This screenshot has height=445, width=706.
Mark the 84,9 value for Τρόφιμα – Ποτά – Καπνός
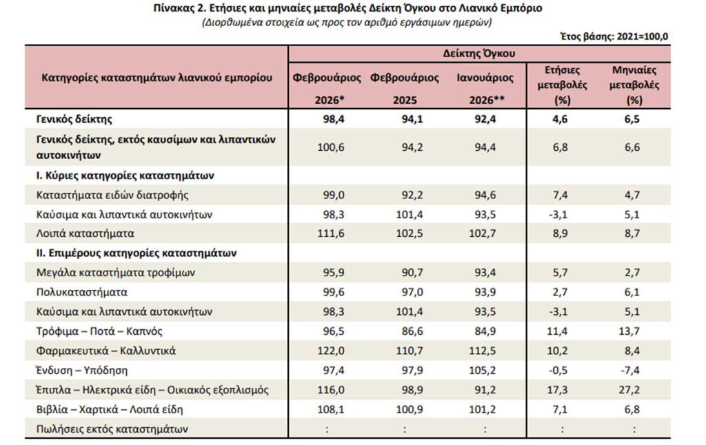485,331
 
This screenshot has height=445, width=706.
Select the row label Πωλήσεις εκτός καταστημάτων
112,429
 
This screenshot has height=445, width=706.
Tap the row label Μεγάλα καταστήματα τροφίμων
116,273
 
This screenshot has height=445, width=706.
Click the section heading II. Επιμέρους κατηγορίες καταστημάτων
136,253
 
